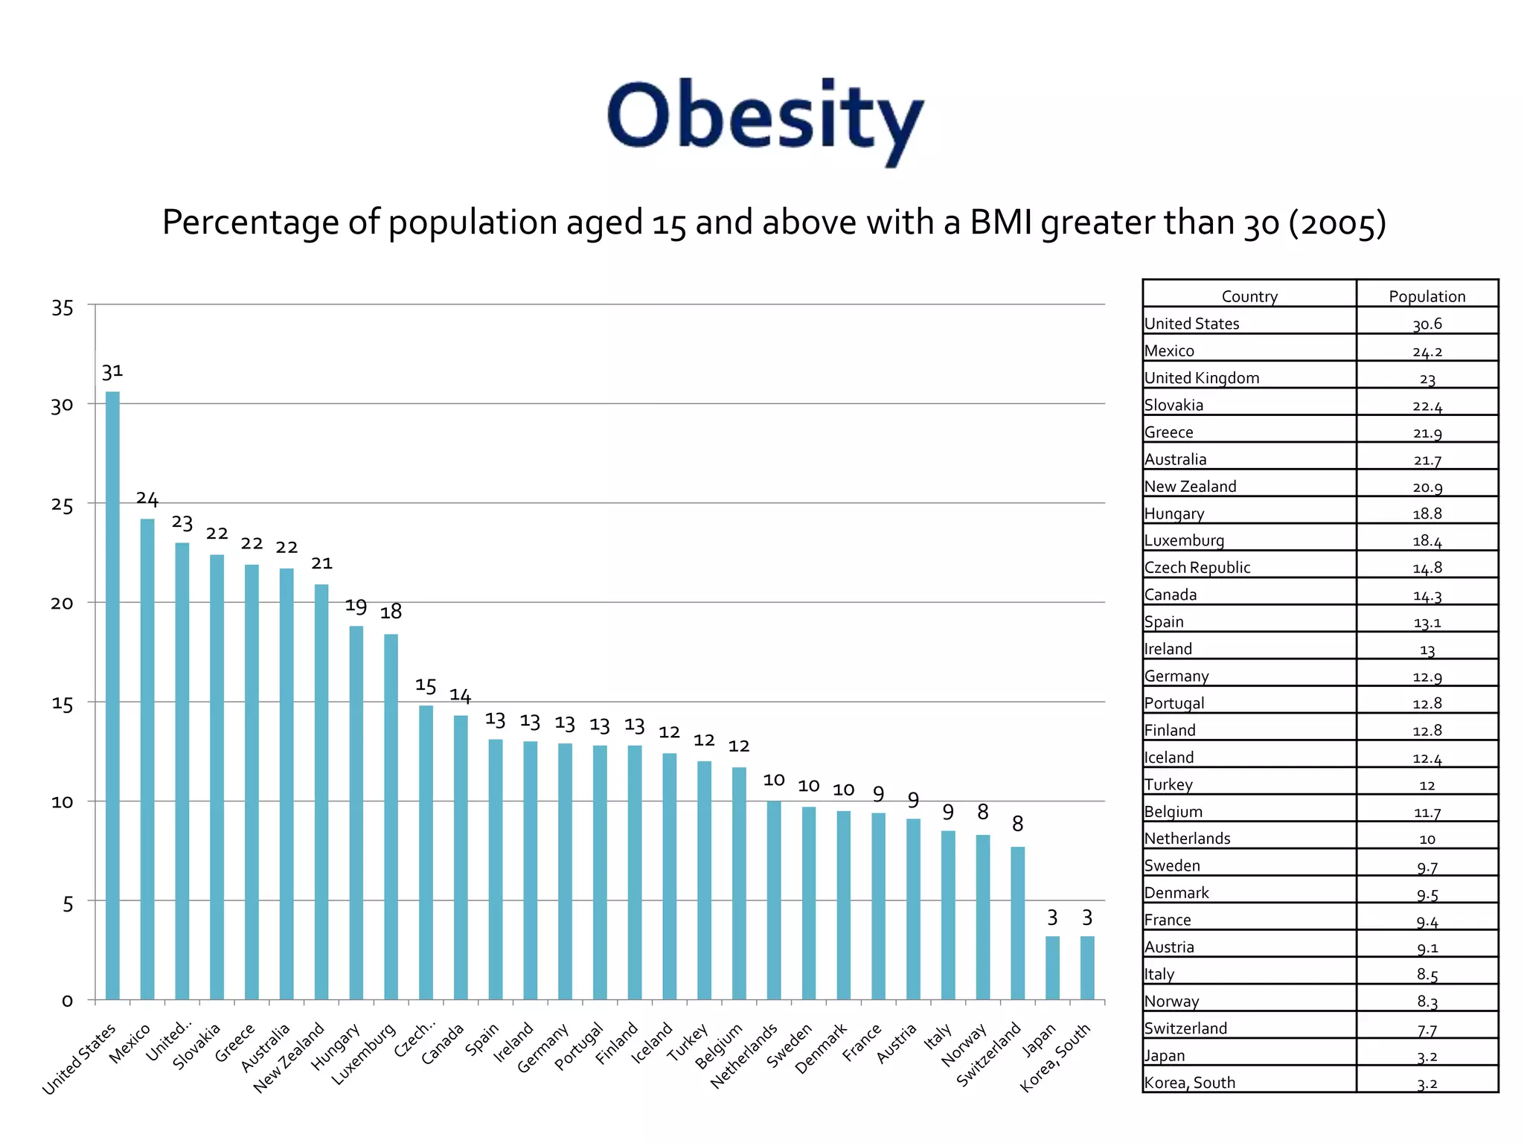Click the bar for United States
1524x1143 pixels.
(x=112, y=696)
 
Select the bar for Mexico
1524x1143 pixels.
(x=147, y=759)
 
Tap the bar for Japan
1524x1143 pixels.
(x=1052, y=967)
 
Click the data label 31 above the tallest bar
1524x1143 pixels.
(x=112, y=371)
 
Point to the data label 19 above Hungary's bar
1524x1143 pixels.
(x=356, y=606)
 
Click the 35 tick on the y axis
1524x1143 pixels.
(x=63, y=307)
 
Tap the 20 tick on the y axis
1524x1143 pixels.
(x=63, y=603)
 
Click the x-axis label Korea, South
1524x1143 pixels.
(x=1055, y=1057)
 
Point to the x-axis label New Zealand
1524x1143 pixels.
(x=289, y=1057)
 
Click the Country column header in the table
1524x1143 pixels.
(x=1249, y=296)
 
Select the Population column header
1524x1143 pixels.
(x=1427, y=296)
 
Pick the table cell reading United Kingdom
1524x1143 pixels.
(x=1202, y=378)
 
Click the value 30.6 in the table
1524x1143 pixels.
(x=1427, y=324)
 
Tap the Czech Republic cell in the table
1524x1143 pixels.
(x=1197, y=568)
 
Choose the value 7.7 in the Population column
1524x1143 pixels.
(x=1427, y=1030)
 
